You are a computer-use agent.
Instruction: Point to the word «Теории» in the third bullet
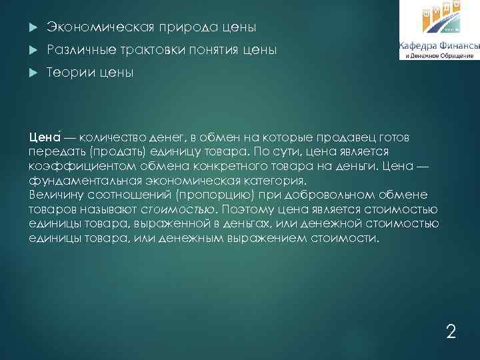(x=69, y=72)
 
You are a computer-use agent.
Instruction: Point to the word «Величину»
(x=57, y=195)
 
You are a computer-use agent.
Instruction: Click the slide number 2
(x=451, y=331)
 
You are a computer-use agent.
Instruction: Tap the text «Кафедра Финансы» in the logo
(x=439, y=45)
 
